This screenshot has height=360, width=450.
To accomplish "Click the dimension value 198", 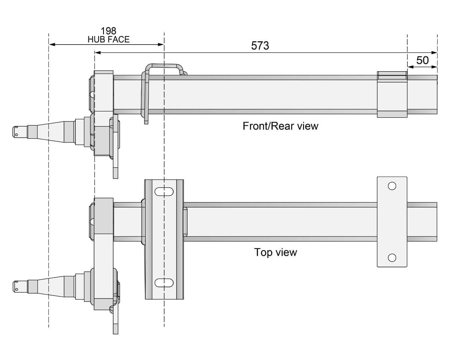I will coord(108,31).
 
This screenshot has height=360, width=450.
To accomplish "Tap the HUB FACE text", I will coord(108,39).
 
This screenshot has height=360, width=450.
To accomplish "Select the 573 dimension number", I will coord(260,46).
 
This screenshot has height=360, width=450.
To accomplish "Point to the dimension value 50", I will coord(422,60).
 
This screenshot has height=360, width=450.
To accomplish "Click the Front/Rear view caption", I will coord(280,126).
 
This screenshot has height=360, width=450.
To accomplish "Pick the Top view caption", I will coord(276,252).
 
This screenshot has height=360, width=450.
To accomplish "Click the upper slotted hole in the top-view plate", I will coord(164,191).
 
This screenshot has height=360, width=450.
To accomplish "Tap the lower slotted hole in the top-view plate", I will coord(164,282).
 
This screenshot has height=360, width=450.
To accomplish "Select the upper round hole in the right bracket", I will coord(392,186).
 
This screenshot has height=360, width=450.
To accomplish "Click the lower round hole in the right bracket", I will coord(392,258).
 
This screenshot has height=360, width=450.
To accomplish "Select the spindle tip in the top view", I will coord(16,286).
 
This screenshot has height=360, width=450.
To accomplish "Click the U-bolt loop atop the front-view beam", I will coord(164,66).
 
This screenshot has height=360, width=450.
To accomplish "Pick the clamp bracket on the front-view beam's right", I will coord(392,94).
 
